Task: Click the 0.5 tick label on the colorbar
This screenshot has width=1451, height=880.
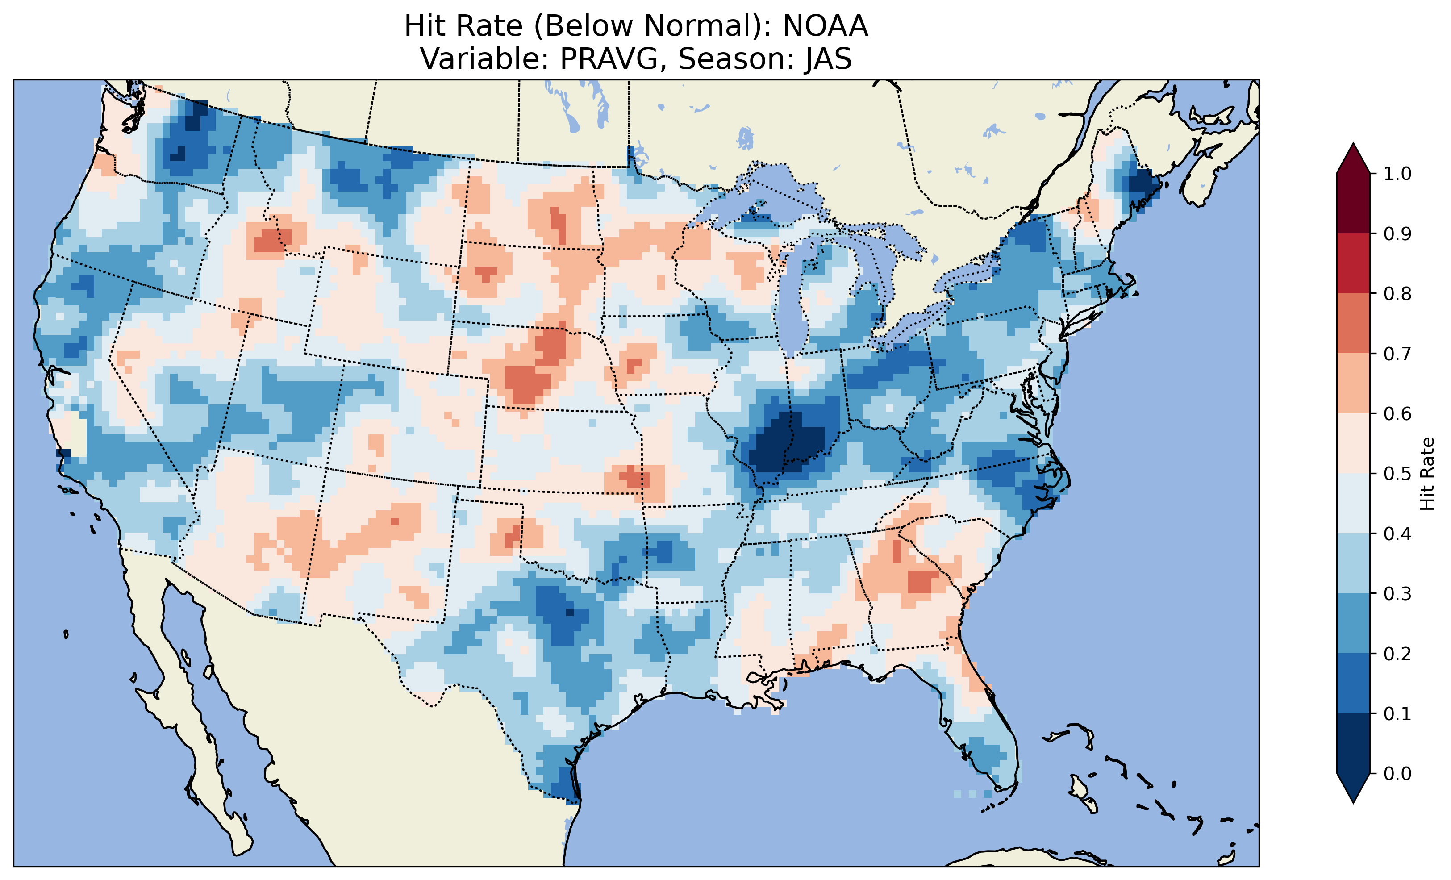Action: click(1397, 474)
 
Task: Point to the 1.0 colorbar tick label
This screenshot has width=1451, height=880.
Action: click(1397, 174)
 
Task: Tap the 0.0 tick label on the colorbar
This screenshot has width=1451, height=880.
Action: click(1397, 773)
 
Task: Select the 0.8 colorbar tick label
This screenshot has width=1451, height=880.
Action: click(1397, 293)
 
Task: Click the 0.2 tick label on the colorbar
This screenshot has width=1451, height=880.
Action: click(1397, 654)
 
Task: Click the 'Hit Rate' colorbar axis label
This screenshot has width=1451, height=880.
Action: click(1427, 474)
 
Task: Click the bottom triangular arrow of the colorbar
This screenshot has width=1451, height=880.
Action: click(1353, 788)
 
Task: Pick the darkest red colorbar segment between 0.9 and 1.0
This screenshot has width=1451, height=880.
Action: click(1353, 203)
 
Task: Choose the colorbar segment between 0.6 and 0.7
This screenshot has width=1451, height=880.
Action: click(1353, 383)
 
